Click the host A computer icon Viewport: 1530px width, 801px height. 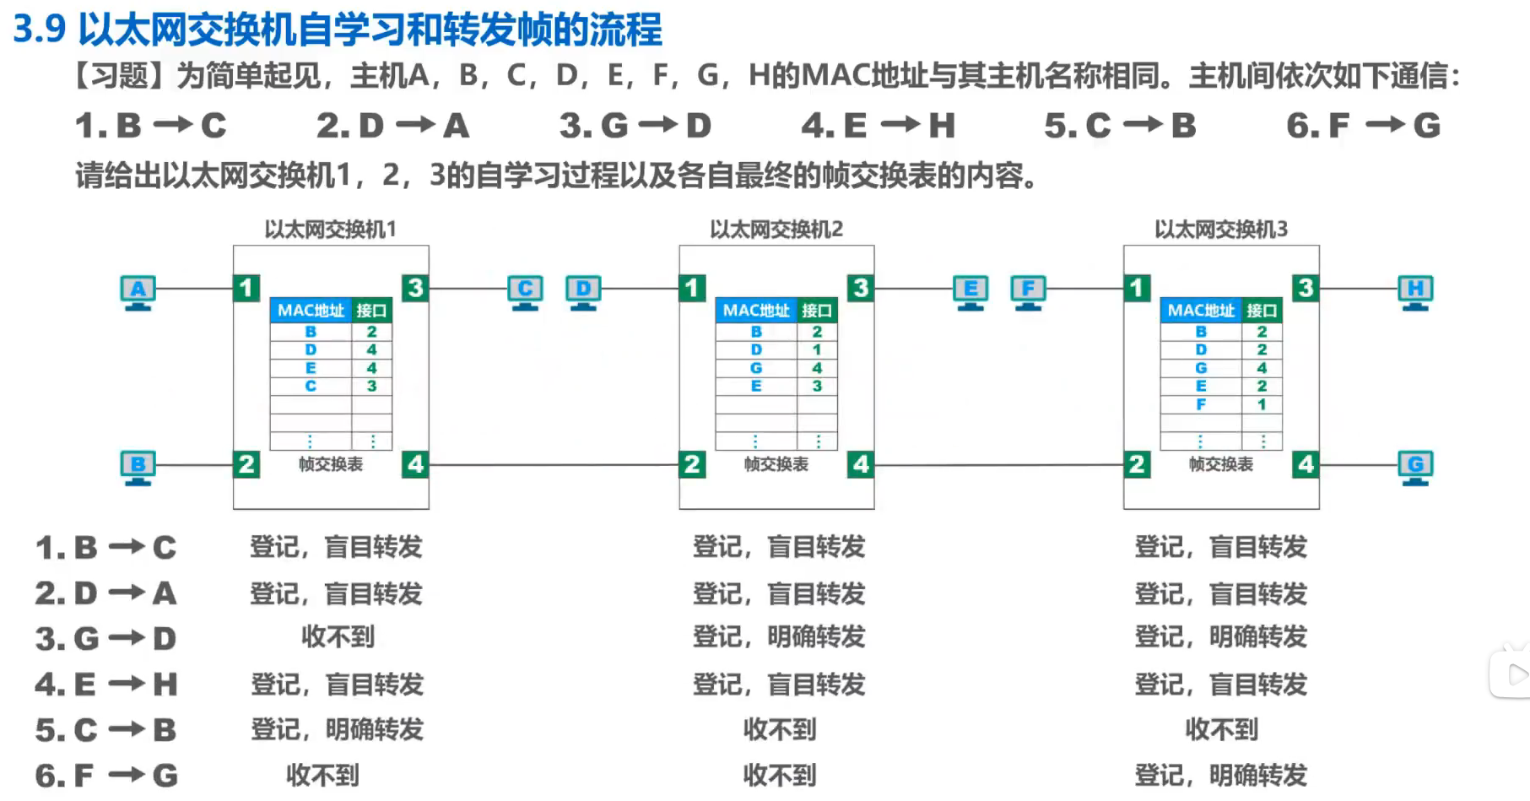138,291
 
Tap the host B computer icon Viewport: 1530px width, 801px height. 138,467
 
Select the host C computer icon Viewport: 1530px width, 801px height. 525,291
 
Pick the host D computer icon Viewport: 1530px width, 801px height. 583,291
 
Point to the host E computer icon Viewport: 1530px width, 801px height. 970,291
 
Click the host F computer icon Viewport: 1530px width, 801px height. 1028,291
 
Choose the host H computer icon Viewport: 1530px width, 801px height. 1415,291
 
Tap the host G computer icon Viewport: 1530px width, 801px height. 1415,467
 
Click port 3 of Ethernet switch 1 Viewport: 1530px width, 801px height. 415,288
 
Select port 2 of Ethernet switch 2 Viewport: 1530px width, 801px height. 692,464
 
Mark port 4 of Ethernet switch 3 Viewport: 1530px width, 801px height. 1306,464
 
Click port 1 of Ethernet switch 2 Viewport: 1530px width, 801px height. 692,288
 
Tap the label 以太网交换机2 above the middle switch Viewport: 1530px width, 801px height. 776,230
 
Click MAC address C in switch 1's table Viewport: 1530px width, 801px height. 311,387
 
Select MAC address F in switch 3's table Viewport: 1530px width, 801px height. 1201,404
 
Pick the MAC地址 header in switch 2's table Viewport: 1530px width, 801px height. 756,311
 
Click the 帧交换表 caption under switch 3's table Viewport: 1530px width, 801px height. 1220,464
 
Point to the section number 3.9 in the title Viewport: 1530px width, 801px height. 40,29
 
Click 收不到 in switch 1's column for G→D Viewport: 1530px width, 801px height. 338,637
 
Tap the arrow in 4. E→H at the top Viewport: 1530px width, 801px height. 900,126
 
